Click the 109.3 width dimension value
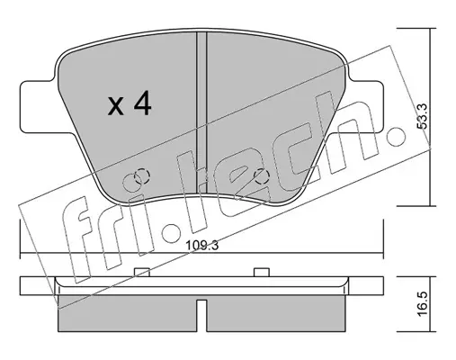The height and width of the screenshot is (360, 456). (202, 246)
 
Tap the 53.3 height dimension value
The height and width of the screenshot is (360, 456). (423, 117)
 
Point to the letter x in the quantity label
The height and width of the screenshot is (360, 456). (116, 106)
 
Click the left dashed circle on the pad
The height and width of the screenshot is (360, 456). (141, 177)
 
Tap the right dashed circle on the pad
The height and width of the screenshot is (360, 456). (262, 176)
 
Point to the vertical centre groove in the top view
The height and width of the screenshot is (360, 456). (201, 112)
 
